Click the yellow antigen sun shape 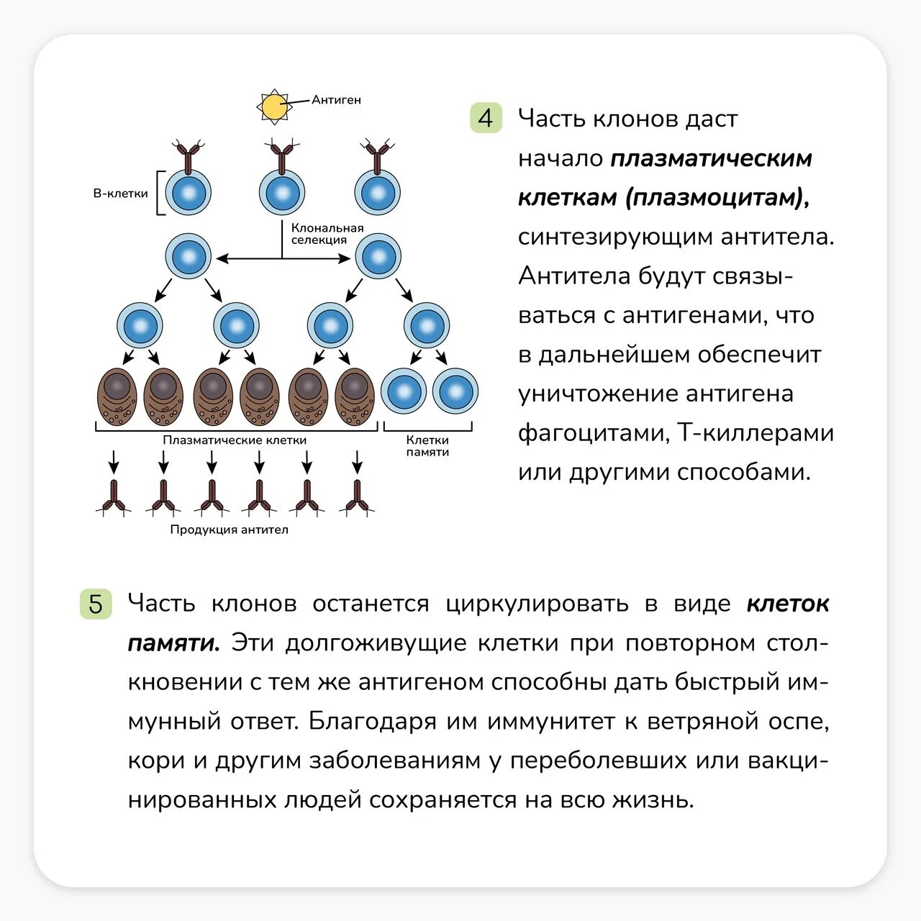pos(273,107)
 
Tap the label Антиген pos(336,100)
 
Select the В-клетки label pos(120,194)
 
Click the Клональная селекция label pos(327,234)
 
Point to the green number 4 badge pos(486,118)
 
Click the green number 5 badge pos(96,604)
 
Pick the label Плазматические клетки pos(235,440)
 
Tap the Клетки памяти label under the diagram pos(427,445)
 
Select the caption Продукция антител pos(229,530)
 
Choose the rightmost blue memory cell pos(455,391)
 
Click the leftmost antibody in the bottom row pos(114,498)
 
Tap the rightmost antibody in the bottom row pos(357,498)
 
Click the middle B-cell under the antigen pos(282,192)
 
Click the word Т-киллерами pos(756,433)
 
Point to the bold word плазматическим pos(711,158)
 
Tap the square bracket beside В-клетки pos(160,193)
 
